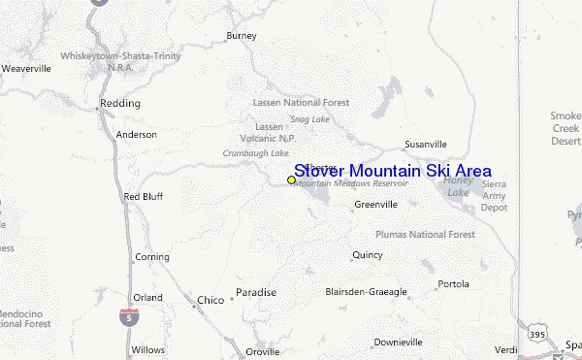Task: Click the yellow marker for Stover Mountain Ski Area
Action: (291, 180)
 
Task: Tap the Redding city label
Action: (120, 103)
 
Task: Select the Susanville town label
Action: (425, 145)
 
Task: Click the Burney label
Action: (241, 36)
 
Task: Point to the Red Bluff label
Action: (144, 196)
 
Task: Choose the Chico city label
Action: (210, 300)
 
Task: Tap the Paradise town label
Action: (256, 292)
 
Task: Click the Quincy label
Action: (367, 255)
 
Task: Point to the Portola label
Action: (453, 284)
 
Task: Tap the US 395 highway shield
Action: (537, 333)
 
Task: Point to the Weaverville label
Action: (25, 69)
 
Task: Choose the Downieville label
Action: (399, 342)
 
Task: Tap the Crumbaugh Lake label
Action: (255, 153)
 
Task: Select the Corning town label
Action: (151, 257)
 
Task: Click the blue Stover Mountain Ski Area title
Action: (392, 171)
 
